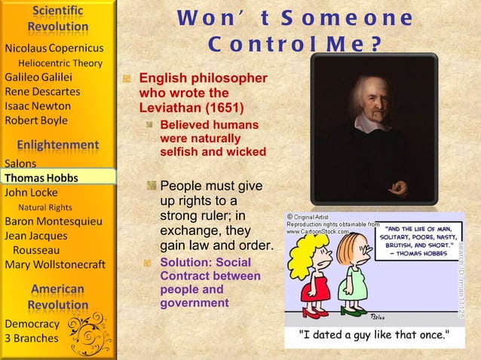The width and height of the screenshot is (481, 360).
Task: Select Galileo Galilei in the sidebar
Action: click(x=38, y=78)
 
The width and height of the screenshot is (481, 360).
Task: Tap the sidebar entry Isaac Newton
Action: click(x=37, y=106)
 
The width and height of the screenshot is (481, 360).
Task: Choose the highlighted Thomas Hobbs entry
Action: click(x=41, y=178)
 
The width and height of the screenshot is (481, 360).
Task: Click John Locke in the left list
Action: click(x=32, y=192)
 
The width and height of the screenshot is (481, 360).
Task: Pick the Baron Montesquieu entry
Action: click(x=54, y=221)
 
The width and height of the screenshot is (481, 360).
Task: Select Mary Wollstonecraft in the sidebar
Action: click(x=55, y=264)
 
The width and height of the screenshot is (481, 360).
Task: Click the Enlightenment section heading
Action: click(x=58, y=144)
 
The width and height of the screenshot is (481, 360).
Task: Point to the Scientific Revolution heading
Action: click(x=58, y=20)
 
